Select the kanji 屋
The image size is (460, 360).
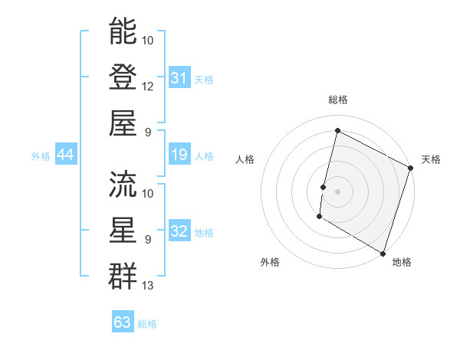coord(123,123)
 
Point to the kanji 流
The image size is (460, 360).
coord(123,184)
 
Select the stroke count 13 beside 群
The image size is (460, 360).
coord(148,286)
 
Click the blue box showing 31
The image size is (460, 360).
coord(179,77)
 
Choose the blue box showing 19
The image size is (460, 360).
coord(179,155)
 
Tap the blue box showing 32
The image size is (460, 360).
coord(179,232)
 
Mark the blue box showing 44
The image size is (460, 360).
coord(65,155)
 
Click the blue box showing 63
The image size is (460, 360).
coord(122,322)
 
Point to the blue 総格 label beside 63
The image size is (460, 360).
coord(147,324)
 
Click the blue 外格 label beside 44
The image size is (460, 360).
coord(41,156)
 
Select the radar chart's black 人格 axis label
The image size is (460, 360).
coord(245,159)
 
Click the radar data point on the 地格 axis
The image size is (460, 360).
coord(383,253)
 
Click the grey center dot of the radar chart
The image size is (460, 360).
coord(337,191)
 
